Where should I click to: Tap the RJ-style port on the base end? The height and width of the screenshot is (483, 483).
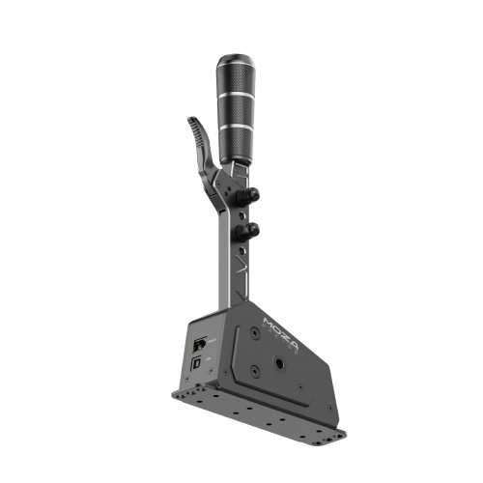pos(199,344)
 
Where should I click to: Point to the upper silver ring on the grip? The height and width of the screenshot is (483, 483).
pos(235,96)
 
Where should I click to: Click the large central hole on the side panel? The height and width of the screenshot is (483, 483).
pos(278,363)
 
